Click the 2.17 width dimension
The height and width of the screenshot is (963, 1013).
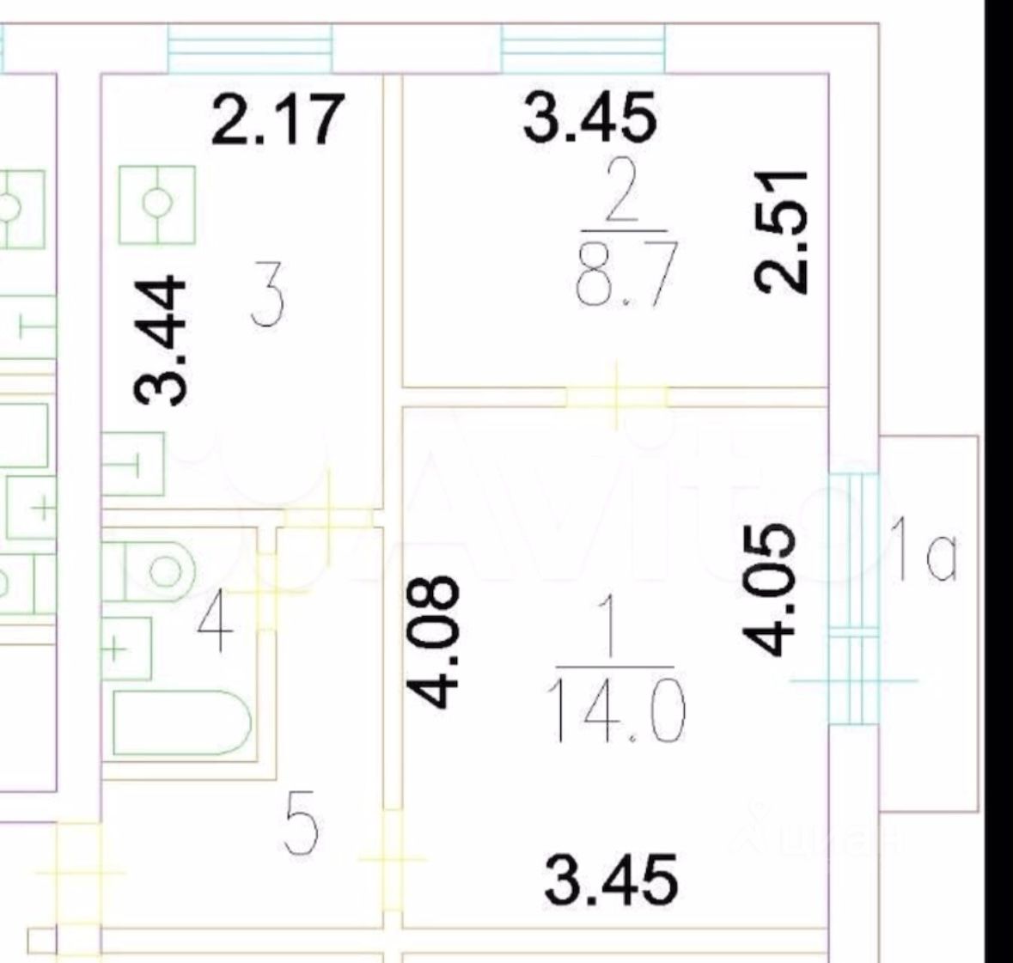pyautogui.click(x=278, y=119)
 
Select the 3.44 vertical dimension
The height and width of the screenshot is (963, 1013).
pyautogui.click(x=161, y=339)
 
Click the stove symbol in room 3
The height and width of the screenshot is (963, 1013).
pyautogui.click(x=157, y=204)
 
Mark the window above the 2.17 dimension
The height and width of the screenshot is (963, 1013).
pyautogui.click(x=249, y=48)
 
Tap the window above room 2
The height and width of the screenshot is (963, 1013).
pyautogui.click(x=583, y=48)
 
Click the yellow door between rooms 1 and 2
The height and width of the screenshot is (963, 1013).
pyautogui.click(x=616, y=396)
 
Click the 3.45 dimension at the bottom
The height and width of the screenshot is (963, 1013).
pyautogui.click(x=612, y=878)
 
